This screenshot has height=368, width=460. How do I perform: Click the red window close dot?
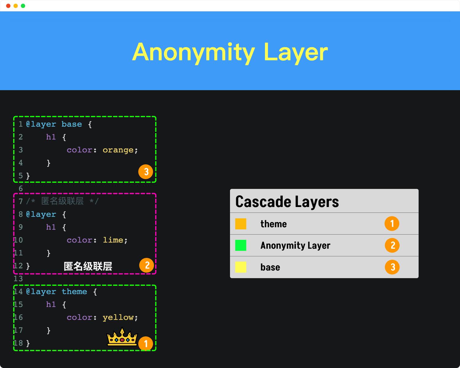coord(8,6)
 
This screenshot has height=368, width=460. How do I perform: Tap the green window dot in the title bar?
coord(23,6)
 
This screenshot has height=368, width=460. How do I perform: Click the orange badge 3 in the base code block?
coord(146,172)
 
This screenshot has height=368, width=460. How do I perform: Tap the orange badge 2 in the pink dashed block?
coord(147,265)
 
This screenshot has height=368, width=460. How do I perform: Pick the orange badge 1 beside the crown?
coord(146,344)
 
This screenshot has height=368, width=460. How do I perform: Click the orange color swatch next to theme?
coord(241,224)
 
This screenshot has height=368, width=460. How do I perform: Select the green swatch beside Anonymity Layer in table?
coord(241,245)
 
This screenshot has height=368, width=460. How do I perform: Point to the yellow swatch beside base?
coord(241,267)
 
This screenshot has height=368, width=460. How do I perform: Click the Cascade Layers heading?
coord(287,202)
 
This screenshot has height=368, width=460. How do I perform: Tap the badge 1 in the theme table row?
coord(392,224)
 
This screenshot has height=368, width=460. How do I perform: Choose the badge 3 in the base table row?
coord(392,267)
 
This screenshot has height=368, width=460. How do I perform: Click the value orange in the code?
coord(118,150)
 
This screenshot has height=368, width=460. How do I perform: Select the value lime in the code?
coord(113,240)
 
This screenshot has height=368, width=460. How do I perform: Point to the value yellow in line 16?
coord(118,318)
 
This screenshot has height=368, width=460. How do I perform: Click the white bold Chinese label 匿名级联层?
coord(88,266)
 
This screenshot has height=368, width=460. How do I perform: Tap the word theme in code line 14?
coord(75,292)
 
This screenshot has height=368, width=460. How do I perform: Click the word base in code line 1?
coord(72,124)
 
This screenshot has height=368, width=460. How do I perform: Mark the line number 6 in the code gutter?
coord(21,189)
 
